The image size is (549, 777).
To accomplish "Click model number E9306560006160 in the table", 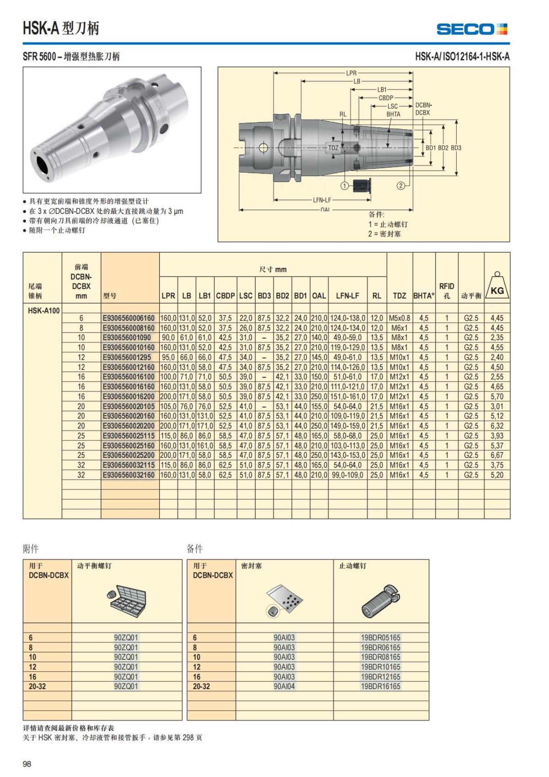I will [129, 318].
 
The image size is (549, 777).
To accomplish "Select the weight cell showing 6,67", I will [497, 455].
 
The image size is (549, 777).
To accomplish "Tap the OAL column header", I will [319, 296].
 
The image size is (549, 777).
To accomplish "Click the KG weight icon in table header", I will [497, 287].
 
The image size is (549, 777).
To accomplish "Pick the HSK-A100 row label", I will [43, 310].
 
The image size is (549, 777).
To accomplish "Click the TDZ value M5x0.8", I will [399, 318].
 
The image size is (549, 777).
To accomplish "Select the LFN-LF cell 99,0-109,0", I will [348, 475].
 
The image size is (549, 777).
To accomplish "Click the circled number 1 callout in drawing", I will [345, 185].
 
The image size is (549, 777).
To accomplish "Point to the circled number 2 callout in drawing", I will [401, 185].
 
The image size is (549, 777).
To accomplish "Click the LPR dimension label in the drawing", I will [351, 73].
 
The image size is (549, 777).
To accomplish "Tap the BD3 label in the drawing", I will [456, 148].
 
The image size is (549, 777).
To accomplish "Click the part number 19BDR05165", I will [380, 637].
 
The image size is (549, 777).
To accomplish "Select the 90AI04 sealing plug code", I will [284, 686].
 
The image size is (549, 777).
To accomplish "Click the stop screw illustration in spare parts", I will [381, 600].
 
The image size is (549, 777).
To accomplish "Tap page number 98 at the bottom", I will [27, 764].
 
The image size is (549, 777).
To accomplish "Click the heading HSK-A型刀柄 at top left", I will [61, 28].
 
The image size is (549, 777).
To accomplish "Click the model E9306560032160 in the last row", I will [129, 475].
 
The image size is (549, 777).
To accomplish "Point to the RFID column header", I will [447, 290].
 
